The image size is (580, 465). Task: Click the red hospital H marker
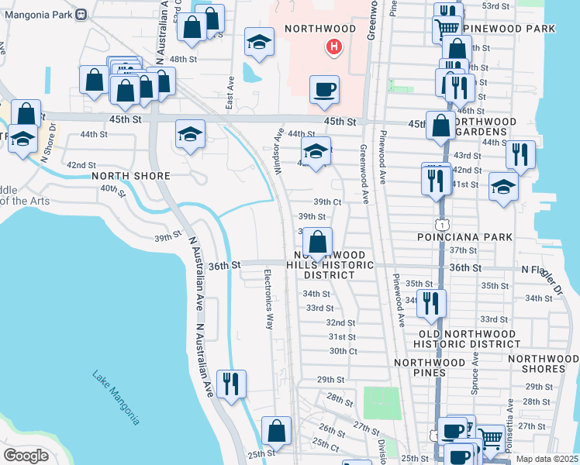(x=333, y=47)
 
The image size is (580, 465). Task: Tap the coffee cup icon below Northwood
(x=323, y=89)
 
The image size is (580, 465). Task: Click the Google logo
(x=26, y=455)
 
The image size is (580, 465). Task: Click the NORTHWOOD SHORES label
(x=543, y=359)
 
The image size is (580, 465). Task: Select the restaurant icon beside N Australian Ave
(x=230, y=384)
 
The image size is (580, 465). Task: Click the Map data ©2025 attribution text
(x=546, y=459)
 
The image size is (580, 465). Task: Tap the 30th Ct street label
(x=342, y=350)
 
